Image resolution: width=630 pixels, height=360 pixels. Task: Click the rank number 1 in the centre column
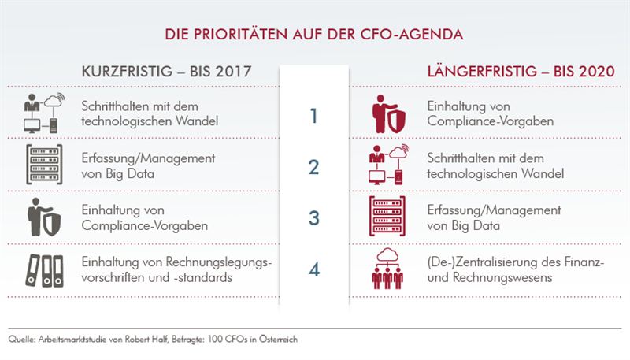coord(313,117)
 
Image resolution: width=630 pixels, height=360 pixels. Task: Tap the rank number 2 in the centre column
coord(313,167)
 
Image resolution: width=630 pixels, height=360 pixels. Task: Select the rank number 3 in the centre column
coord(313,218)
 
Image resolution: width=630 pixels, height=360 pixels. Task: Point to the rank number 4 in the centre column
coord(313,269)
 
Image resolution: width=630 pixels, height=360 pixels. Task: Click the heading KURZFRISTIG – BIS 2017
coord(166,72)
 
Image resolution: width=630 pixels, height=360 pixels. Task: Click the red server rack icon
coord(387,218)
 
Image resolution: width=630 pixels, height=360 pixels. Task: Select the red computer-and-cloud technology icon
coord(387,165)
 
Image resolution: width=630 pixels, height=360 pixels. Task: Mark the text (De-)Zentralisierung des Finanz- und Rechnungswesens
coord(515,269)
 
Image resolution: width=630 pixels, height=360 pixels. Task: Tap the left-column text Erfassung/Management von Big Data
coord(148,167)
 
